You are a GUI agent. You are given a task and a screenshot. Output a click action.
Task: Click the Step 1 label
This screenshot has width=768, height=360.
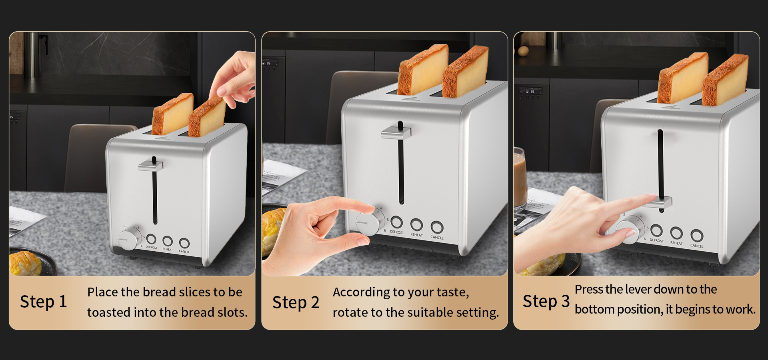click(43, 302)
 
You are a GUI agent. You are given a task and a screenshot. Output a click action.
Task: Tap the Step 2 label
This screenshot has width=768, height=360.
click(296, 302)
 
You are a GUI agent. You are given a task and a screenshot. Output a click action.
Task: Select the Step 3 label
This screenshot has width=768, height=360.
click(546, 301)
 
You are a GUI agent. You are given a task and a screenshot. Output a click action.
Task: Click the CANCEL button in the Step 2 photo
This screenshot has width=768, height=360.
click(437, 228)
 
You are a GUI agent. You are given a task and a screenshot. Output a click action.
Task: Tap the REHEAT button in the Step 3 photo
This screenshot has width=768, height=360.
click(676, 233)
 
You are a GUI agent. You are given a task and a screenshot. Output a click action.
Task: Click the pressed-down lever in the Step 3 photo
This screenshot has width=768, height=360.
click(660, 202)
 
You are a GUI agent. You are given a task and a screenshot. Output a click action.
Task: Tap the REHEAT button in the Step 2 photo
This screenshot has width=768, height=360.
click(416, 224)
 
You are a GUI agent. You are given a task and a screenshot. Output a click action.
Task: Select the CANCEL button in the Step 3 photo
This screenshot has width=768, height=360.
click(697, 235)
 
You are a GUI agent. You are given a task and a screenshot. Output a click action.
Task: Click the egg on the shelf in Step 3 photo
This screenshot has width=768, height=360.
click(523, 51)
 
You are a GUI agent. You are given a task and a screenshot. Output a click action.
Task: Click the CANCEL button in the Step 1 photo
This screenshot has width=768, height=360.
click(184, 243)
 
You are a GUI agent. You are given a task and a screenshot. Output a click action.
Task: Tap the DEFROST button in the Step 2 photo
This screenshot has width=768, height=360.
click(396, 222)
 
